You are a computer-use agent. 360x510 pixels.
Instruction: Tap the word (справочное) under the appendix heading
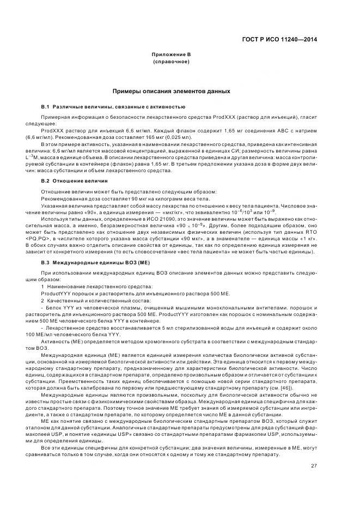pos(174,63)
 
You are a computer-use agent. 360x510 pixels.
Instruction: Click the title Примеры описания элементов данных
pos(174,92)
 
